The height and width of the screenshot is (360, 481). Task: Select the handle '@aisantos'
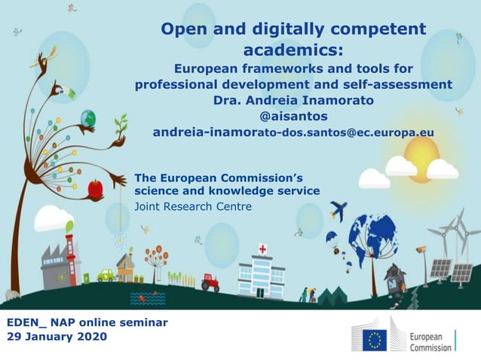293,117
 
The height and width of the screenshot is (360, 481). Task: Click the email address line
293,133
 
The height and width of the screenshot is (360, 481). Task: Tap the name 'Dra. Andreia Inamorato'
293,100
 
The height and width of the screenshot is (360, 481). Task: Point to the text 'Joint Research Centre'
193,206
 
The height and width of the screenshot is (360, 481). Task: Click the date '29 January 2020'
57,337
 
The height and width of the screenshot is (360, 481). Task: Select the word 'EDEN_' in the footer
26,322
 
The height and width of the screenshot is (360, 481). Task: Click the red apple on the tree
95,188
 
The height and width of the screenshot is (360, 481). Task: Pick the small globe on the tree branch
89,118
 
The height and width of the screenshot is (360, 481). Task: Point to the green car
106,276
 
